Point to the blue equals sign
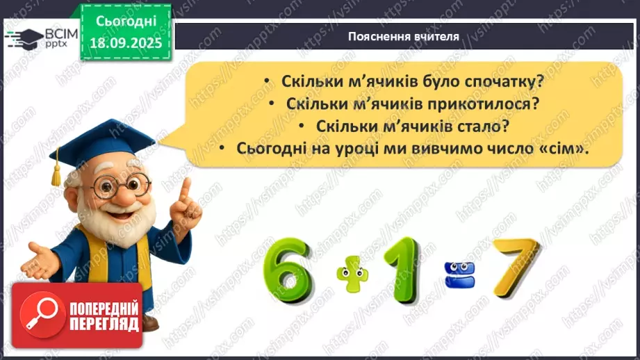pyautogui.click(x=454, y=268)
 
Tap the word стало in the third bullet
pyautogui.click(x=473, y=126)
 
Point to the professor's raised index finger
pyautogui.click(x=184, y=188)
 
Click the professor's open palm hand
pyautogui.click(x=40, y=261)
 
